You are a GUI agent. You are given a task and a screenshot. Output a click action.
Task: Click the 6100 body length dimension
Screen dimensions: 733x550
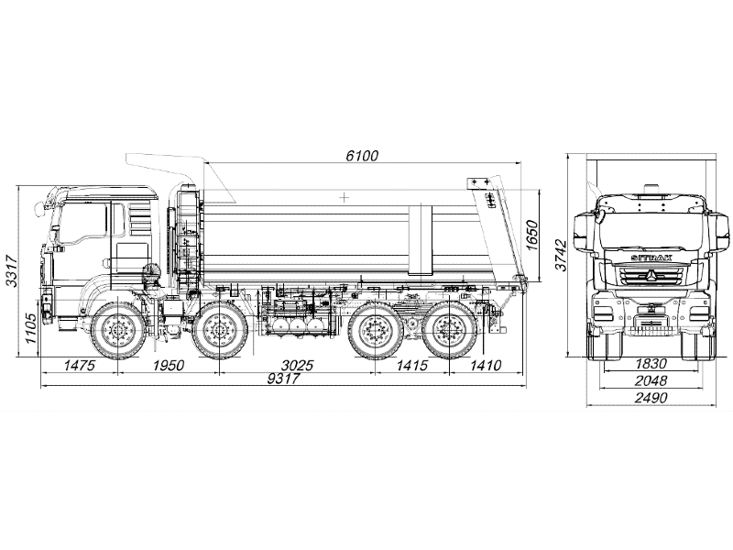pos(362,156)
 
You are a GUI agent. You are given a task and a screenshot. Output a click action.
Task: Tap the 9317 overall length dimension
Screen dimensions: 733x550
pos(283,379)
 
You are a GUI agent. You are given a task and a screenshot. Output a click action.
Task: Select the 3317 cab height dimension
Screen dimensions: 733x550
pos(11,271)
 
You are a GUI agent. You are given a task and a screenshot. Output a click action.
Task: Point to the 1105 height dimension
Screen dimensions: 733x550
pos(31,328)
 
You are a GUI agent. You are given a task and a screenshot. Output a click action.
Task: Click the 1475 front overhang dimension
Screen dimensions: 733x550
pos(80,365)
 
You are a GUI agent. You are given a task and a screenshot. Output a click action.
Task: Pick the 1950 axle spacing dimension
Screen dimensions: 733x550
pos(169,365)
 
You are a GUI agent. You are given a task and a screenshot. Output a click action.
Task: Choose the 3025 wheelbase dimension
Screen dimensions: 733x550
pos(297,365)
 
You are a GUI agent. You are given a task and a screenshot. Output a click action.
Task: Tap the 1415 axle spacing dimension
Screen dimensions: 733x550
pos(411,365)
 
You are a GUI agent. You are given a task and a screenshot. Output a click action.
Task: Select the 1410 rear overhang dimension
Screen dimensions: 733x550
pos(486,365)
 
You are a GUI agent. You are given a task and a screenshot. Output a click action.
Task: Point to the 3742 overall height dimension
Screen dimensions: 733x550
pos(561,256)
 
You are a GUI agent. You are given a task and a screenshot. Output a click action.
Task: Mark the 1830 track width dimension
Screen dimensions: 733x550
pos(651,363)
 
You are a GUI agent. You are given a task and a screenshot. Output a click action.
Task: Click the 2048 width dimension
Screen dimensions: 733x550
pos(651,380)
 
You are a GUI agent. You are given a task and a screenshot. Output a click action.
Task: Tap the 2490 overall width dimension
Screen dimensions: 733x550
pos(651,398)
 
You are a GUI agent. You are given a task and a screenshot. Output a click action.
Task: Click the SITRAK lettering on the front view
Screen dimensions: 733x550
pos(651,258)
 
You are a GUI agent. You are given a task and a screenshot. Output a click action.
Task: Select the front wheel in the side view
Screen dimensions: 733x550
pos(115,330)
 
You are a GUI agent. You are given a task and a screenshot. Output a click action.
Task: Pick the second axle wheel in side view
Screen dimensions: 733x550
pos(218,330)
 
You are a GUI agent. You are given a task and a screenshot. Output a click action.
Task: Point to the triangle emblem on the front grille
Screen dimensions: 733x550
pos(651,276)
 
